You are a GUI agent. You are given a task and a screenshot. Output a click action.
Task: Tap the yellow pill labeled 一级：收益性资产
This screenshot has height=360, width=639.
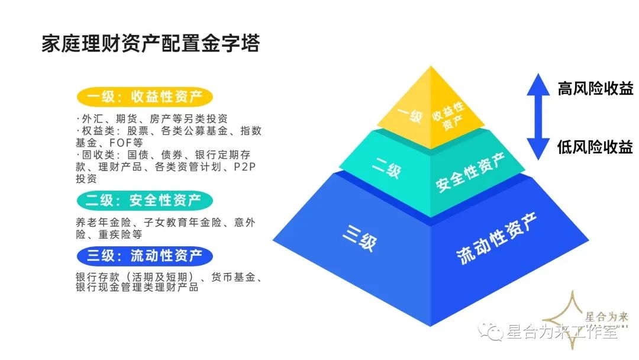144,97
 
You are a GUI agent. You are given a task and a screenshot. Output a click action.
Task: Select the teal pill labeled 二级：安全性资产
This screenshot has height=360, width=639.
144,200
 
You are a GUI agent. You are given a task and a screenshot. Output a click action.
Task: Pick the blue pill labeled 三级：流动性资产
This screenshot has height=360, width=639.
145,256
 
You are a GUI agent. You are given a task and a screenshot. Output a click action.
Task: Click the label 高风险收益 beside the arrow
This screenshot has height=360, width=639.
595,89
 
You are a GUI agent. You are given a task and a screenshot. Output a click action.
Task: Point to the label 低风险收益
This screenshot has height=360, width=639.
595,147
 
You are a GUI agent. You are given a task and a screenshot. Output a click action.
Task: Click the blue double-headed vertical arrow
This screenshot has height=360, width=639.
538,118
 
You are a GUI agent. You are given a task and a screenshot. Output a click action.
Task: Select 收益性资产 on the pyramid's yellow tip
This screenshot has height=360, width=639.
448,113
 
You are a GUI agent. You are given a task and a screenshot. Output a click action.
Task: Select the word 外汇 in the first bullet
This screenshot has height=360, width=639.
92,118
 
